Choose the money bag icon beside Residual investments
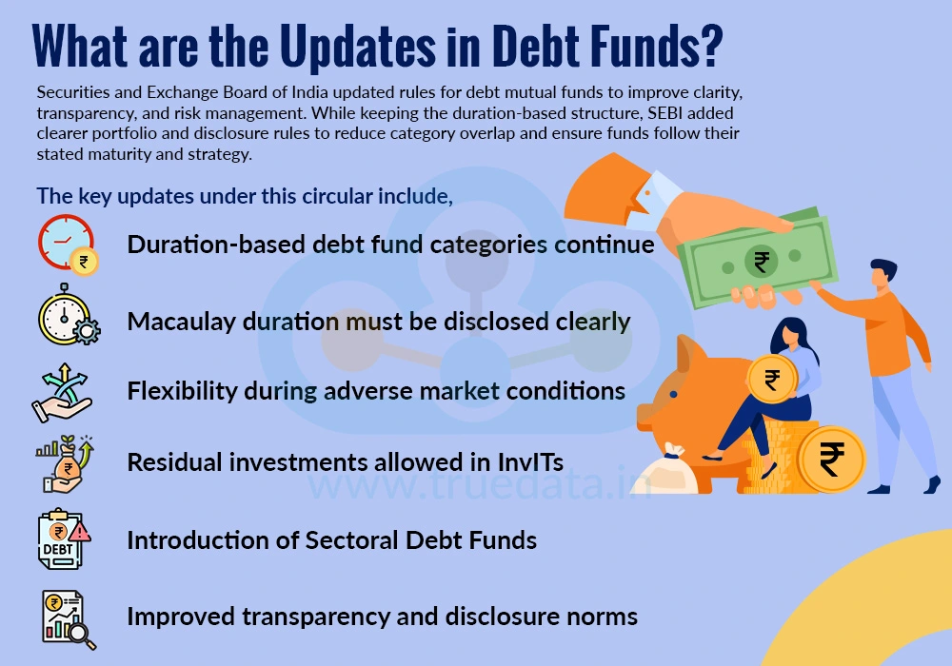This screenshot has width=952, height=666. coord(65,463)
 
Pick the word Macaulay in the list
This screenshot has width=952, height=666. coord(176,322)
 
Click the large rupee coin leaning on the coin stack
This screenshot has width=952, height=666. coord(830,460)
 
